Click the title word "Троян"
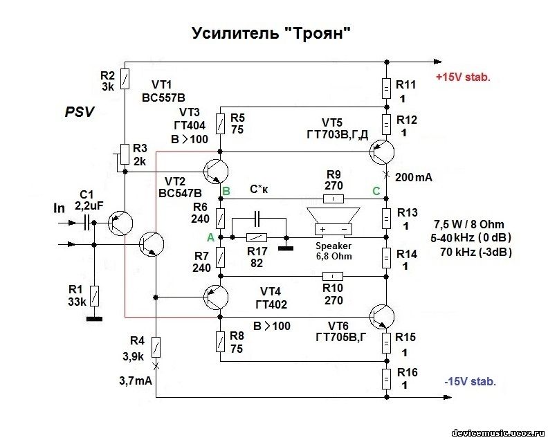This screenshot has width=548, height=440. coord(320,35)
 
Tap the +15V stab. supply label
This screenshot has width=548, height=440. coord(462,77)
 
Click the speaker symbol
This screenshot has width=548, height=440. coord(333,219)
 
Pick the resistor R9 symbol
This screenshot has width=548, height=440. coord(333,199)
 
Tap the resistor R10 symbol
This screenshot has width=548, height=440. coord(333,276)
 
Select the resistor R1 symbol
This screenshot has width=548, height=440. coord(95,297)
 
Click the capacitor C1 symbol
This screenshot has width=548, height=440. coord(88,223)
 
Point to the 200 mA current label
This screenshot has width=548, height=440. coord(414,177)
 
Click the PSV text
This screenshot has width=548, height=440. coord(80,111)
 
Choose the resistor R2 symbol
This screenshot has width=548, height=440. coord(123,79)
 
